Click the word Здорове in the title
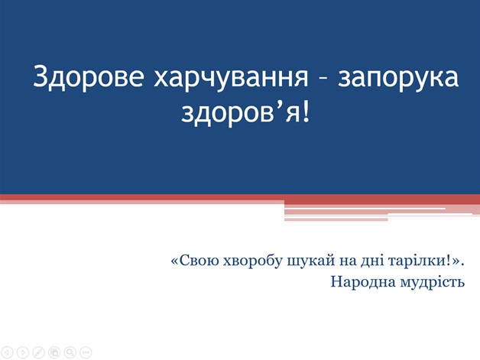88,77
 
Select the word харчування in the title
231,79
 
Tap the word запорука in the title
398,79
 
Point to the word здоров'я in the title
241,114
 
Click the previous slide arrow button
8,352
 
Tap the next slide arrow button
23,352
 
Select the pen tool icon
38,352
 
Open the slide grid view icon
54,352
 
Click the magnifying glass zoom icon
70,352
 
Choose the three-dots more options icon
86,352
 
